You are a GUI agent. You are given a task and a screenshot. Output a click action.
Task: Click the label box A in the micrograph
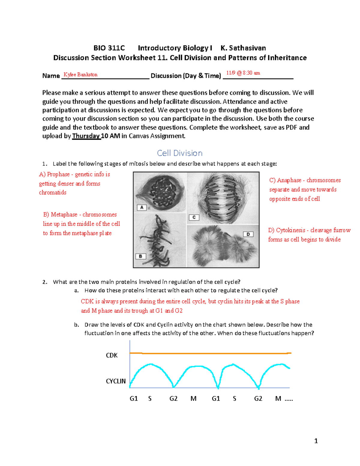tap(142, 207)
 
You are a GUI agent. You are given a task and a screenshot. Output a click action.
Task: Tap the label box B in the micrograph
tap(140, 256)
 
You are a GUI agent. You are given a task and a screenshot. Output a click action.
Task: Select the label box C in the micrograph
tap(194, 217)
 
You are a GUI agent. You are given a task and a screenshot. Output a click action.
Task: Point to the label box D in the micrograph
tap(248, 234)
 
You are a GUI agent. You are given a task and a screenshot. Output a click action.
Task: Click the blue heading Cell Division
tap(180, 153)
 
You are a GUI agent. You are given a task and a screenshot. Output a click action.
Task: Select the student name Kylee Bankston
tap(80, 75)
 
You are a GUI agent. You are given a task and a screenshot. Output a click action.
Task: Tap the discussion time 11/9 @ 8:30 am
tap(243, 73)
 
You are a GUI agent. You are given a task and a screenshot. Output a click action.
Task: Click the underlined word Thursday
tap(86, 136)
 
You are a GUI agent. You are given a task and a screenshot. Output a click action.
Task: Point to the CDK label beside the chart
tap(112, 355)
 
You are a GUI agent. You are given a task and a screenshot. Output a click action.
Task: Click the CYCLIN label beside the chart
tap(115, 381)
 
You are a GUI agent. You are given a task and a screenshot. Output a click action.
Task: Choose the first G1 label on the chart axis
tap(133, 398)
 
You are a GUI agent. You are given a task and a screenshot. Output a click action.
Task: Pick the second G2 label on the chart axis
tap(258, 398)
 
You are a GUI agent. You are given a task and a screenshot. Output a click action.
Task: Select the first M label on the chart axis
tap(193, 398)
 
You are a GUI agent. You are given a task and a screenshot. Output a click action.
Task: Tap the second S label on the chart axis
tap(234, 398)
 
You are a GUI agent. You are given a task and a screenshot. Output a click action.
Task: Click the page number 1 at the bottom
tap(316, 441)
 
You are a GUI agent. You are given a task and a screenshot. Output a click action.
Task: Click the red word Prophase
tap(58, 174)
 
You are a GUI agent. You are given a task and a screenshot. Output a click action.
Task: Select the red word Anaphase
tap(289, 180)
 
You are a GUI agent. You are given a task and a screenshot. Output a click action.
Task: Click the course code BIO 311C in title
tap(109, 48)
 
